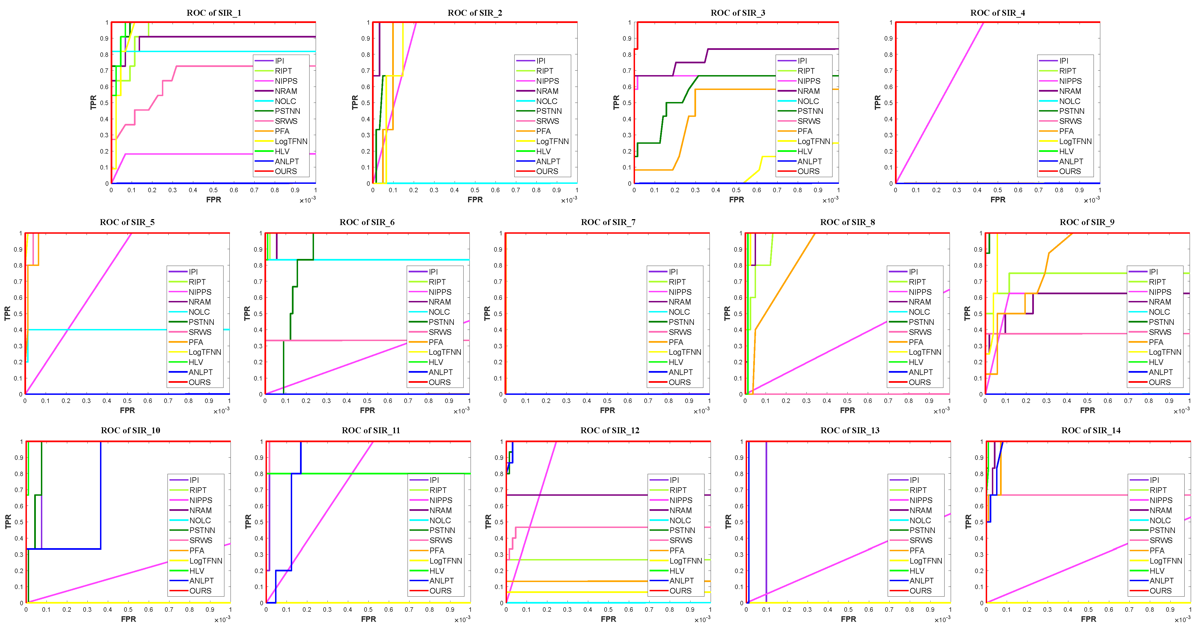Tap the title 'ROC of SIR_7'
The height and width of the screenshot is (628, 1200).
[x=608, y=222]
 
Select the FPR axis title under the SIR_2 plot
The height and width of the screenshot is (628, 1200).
[x=475, y=200]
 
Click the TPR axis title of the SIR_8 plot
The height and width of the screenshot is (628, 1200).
[x=727, y=314]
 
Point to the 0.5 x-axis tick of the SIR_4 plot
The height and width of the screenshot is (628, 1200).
[x=997, y=190]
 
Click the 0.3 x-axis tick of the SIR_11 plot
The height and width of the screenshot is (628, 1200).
[x=327, y=610]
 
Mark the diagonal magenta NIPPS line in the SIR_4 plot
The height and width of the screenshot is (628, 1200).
[x=939, y=103]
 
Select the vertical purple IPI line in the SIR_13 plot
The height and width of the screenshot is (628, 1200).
[x=766, y=513]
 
